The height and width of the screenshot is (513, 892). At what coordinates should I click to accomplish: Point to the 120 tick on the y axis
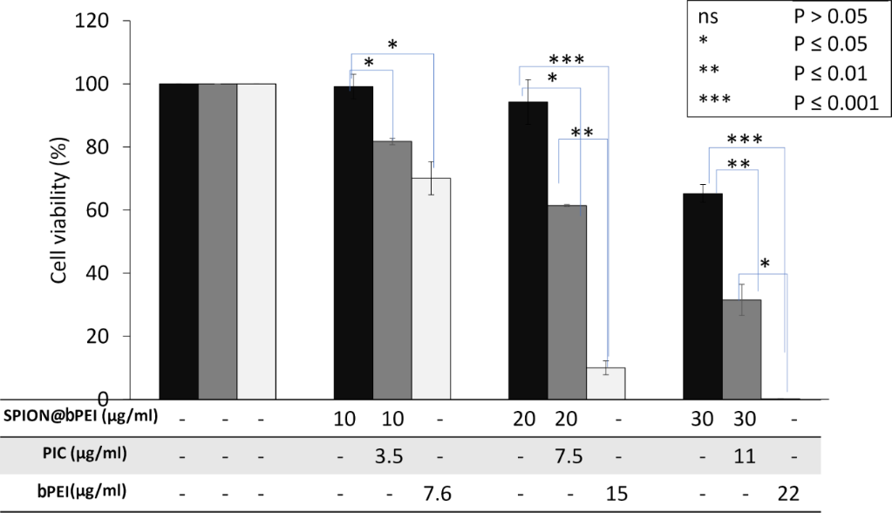pos(116,21)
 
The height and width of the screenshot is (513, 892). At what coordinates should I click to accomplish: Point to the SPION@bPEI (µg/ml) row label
pos(82,415)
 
